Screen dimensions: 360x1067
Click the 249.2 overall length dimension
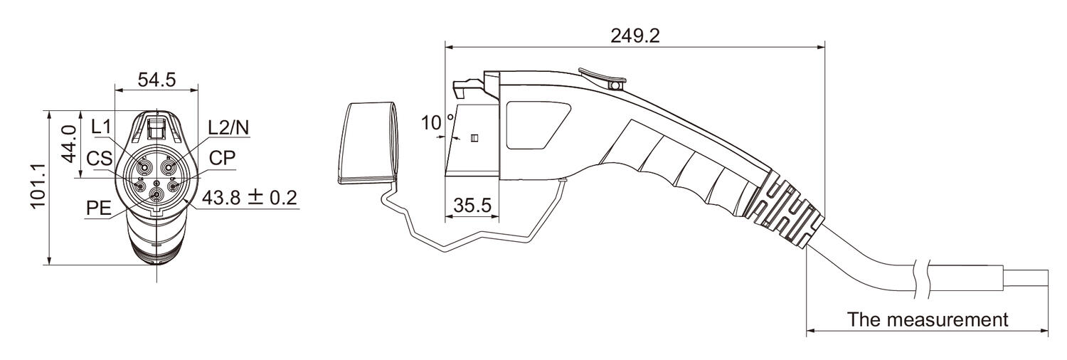point(635,36)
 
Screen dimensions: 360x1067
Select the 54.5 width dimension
point(156,80)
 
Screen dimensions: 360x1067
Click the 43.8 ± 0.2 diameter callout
point(249,198)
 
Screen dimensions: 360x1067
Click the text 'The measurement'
point(927,319)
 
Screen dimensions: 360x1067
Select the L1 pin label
point(102,127)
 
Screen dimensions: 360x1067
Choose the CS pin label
point(100,158)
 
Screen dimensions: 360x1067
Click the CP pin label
point(222,158)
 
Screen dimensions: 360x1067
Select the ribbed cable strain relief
point(786,205)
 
